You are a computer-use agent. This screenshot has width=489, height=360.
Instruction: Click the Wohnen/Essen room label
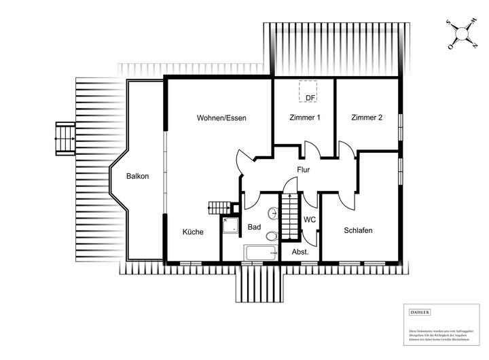pos(221,118)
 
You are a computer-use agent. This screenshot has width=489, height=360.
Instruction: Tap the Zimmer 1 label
pos(305,118)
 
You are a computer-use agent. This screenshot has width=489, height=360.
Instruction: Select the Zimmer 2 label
pos(367,118)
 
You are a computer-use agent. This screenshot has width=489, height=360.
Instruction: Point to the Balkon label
pos(137,177)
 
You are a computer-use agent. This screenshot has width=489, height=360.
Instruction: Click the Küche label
pos(193,232)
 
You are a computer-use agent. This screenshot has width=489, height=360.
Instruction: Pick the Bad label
pos(254,227)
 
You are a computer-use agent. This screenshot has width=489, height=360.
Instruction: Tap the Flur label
pos(303,170)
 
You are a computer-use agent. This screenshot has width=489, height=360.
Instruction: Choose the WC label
pos(310,219)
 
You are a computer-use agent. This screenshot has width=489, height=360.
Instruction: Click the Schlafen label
pos(358,230)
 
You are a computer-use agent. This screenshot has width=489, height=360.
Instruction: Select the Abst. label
pos(300,251)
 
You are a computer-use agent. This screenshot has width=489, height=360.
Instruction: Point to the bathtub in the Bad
pos(261,253)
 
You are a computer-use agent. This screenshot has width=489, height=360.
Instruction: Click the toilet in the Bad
pos(272,236)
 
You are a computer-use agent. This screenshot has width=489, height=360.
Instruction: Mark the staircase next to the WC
pos(290,215)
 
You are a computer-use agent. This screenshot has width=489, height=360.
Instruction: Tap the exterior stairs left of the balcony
pos(66,139)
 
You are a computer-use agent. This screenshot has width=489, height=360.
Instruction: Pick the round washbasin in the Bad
pos(274,213)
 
